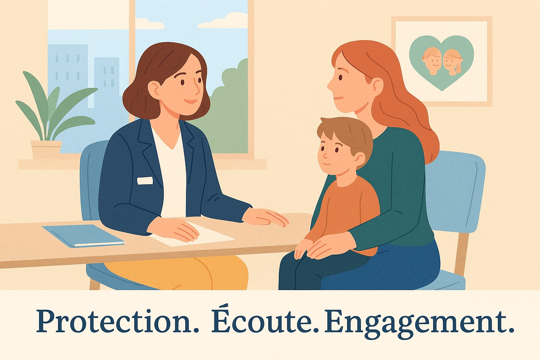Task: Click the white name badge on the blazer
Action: tap(145, 181)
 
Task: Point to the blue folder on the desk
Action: tap(83, 236)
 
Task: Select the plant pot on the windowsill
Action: tap(46, 149)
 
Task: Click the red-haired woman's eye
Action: tap(340, 77)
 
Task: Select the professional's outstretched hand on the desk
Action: tap(265, 217)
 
